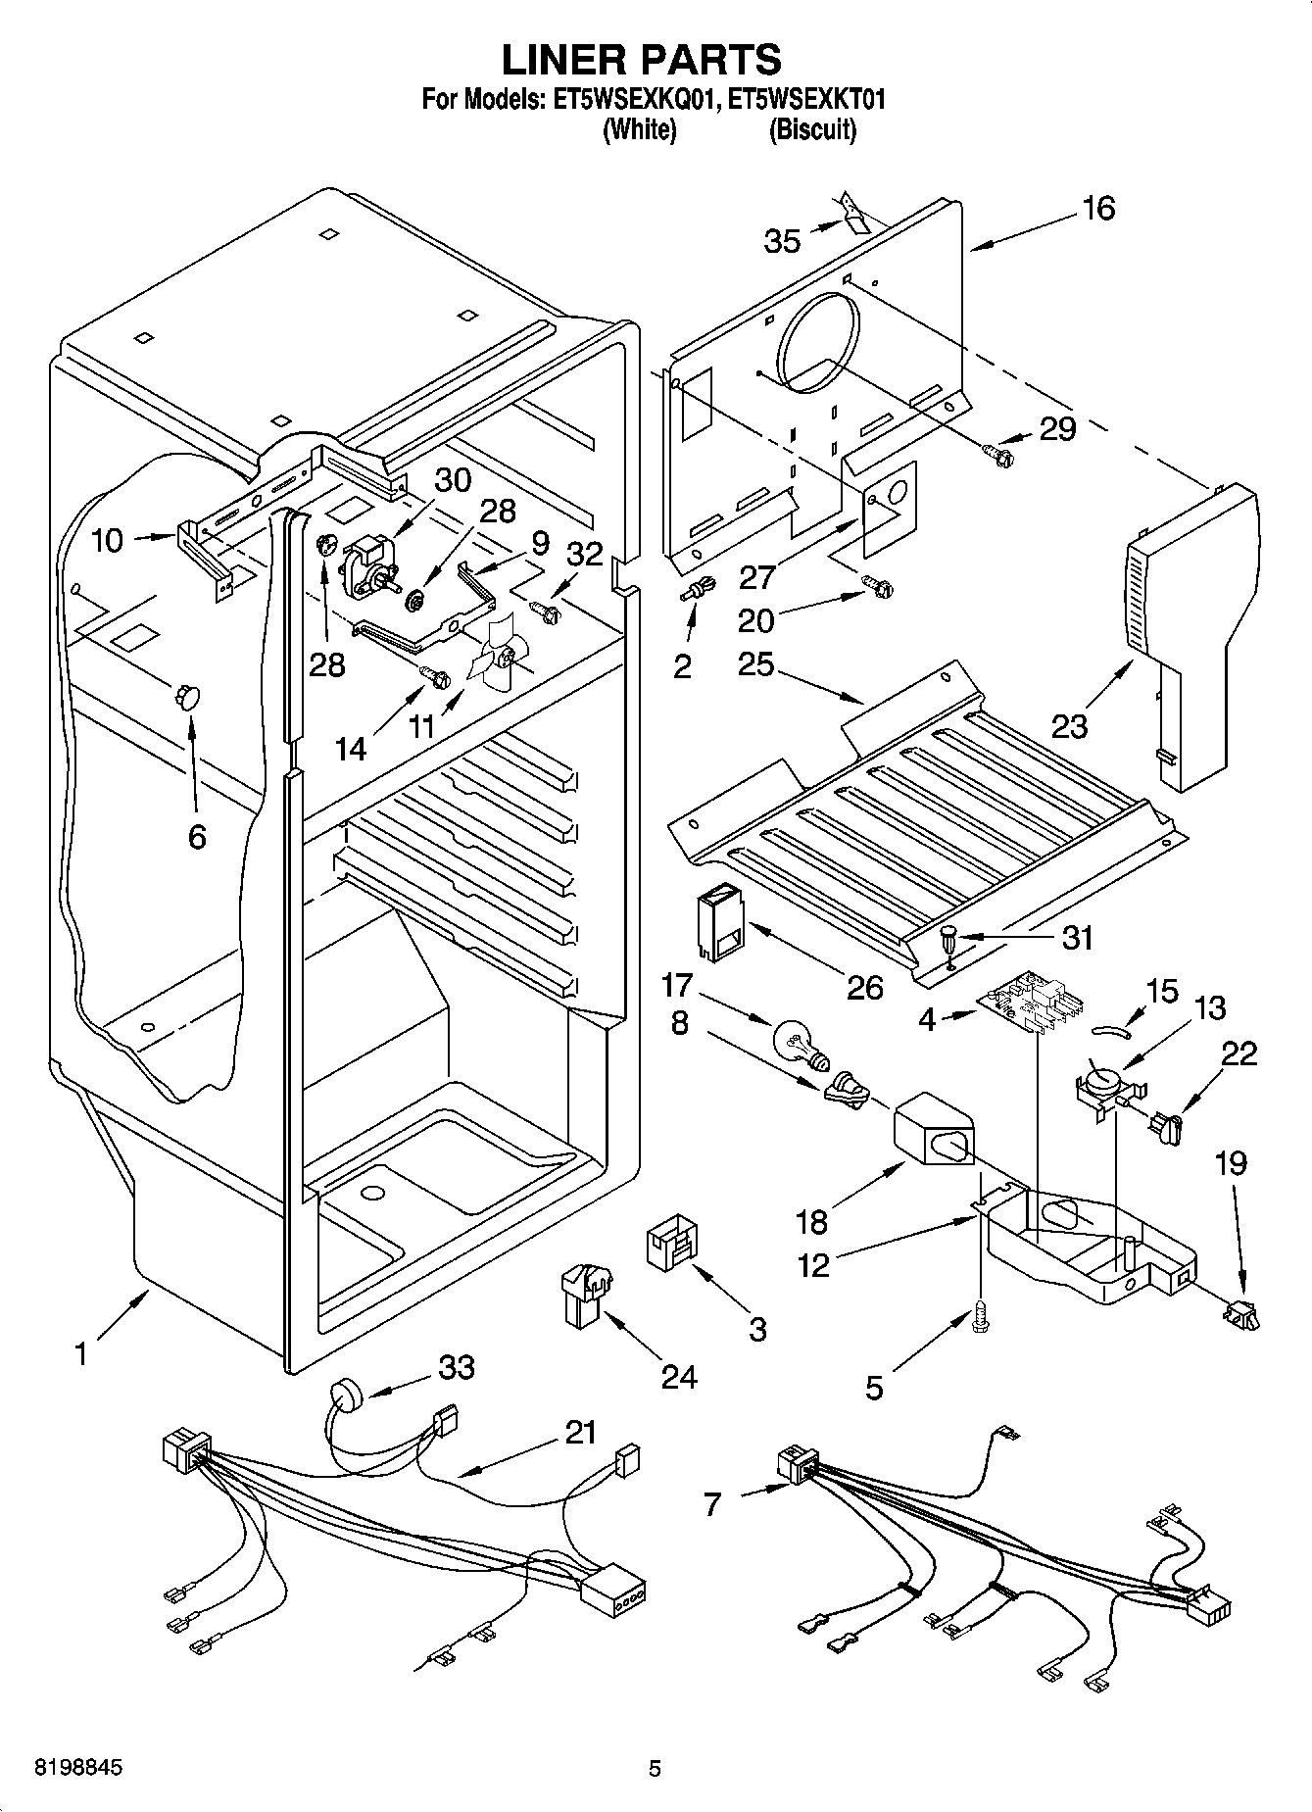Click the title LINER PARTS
642,60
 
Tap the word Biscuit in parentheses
812,130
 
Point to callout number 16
1098,209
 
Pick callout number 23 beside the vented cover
1070,726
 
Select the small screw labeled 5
981,1318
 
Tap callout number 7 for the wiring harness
712,1502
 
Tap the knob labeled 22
1166,1126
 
